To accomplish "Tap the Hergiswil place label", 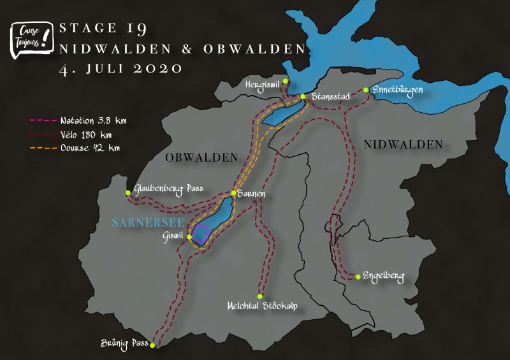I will click(x=263, y=83).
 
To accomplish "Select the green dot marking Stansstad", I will click(x=303, y=97).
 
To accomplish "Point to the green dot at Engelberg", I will click(x=358, y=277).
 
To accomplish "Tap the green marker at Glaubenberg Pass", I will click(x=128, y=191).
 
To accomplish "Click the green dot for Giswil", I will click(x=189, y=236).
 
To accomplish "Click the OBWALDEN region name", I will click(x=201, y=157).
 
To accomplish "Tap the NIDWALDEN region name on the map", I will click(x=403, y=145).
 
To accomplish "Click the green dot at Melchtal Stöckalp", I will click(x=260, y=296).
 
